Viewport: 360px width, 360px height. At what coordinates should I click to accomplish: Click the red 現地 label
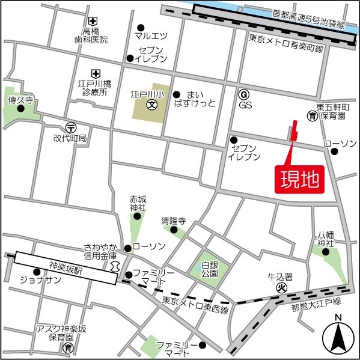pyautogui.click(x=299, y=179)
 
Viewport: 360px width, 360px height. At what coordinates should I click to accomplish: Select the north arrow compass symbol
pyautogui.click(x=338, y=338)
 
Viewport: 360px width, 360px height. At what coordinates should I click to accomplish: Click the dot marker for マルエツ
pyautogui.click(x=141, y=27)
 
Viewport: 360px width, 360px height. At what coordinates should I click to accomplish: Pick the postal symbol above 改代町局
pyautogui.click(x=71, y=127)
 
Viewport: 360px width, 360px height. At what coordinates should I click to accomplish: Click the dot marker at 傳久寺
pyautogui.click(x=21, y=108)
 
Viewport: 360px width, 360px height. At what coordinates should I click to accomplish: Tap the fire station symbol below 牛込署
pyautogui.click(x=280, y=288)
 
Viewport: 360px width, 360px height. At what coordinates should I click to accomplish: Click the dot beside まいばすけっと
pyautogui.click(x=177, y=94)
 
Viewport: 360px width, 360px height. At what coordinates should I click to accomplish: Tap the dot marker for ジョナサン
pyautogui.click(x=37, y=271)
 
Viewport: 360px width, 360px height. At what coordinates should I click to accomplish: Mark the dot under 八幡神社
pyautogui.click(x=326, y=252)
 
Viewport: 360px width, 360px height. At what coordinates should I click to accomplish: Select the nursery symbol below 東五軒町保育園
pyautogui.click(x=312, y=114)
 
